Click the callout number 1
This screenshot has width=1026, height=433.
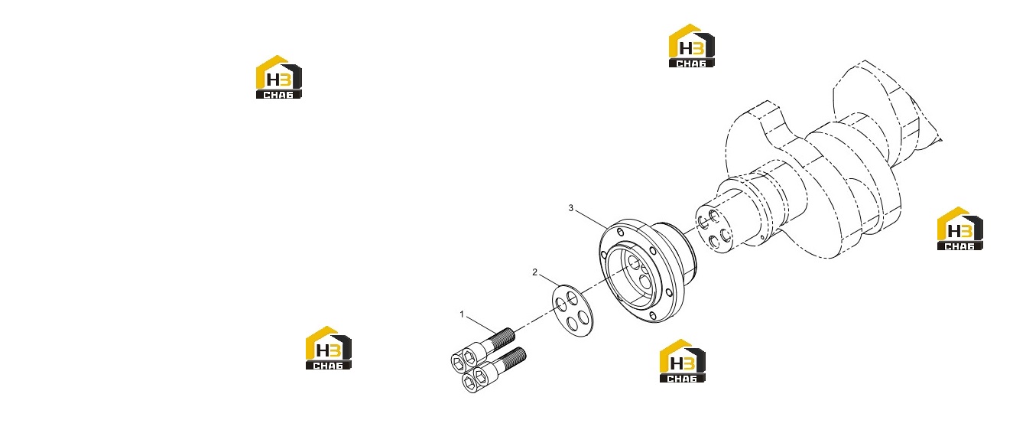pyautogui.click(x=462, y=314)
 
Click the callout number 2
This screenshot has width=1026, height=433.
pyautogui.click(x=534, y=272)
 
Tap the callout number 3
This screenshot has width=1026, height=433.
pyautogui.click(x=570, y=208)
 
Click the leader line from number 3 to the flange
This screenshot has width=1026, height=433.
pyautogui.click(x=591, y=220)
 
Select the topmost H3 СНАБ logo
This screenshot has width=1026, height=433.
pyautogui.click(x=691, y=46)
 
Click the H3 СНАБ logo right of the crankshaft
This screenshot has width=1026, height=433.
pyautogui.click(x=959, y=228)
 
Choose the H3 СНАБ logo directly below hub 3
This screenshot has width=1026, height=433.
pyautogui.click(x=682, y=360)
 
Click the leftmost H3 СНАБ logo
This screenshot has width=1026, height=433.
pyautogui.click(x=278, y=77)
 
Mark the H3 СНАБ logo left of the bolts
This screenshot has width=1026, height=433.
pyautogui.click(x=329, y=348)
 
